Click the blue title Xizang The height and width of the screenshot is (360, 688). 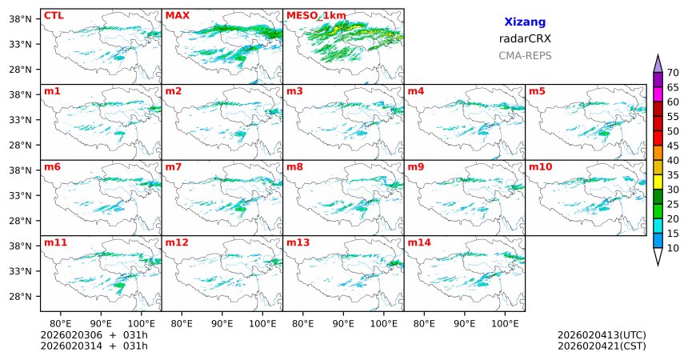coord(525,22)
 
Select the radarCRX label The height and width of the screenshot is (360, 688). coord(525,38)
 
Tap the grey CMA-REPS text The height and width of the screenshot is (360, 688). coord(525,56)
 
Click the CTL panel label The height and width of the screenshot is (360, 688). coord(54,15)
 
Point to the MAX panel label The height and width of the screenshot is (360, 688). coord(178,15)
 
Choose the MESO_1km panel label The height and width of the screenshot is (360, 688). coord(316,15)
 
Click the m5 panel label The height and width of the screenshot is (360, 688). coord(538,90)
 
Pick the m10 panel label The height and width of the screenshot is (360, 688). coord(541,166)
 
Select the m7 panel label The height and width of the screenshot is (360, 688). coord(174,166)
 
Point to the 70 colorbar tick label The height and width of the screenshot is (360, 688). coord(673,73)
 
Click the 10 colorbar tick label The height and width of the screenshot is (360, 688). coord(673,249)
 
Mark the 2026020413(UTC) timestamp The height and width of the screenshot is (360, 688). coord(602,334)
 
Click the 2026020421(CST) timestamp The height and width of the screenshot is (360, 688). coord(602,346)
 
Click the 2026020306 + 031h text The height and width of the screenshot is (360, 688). coord(94,334)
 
